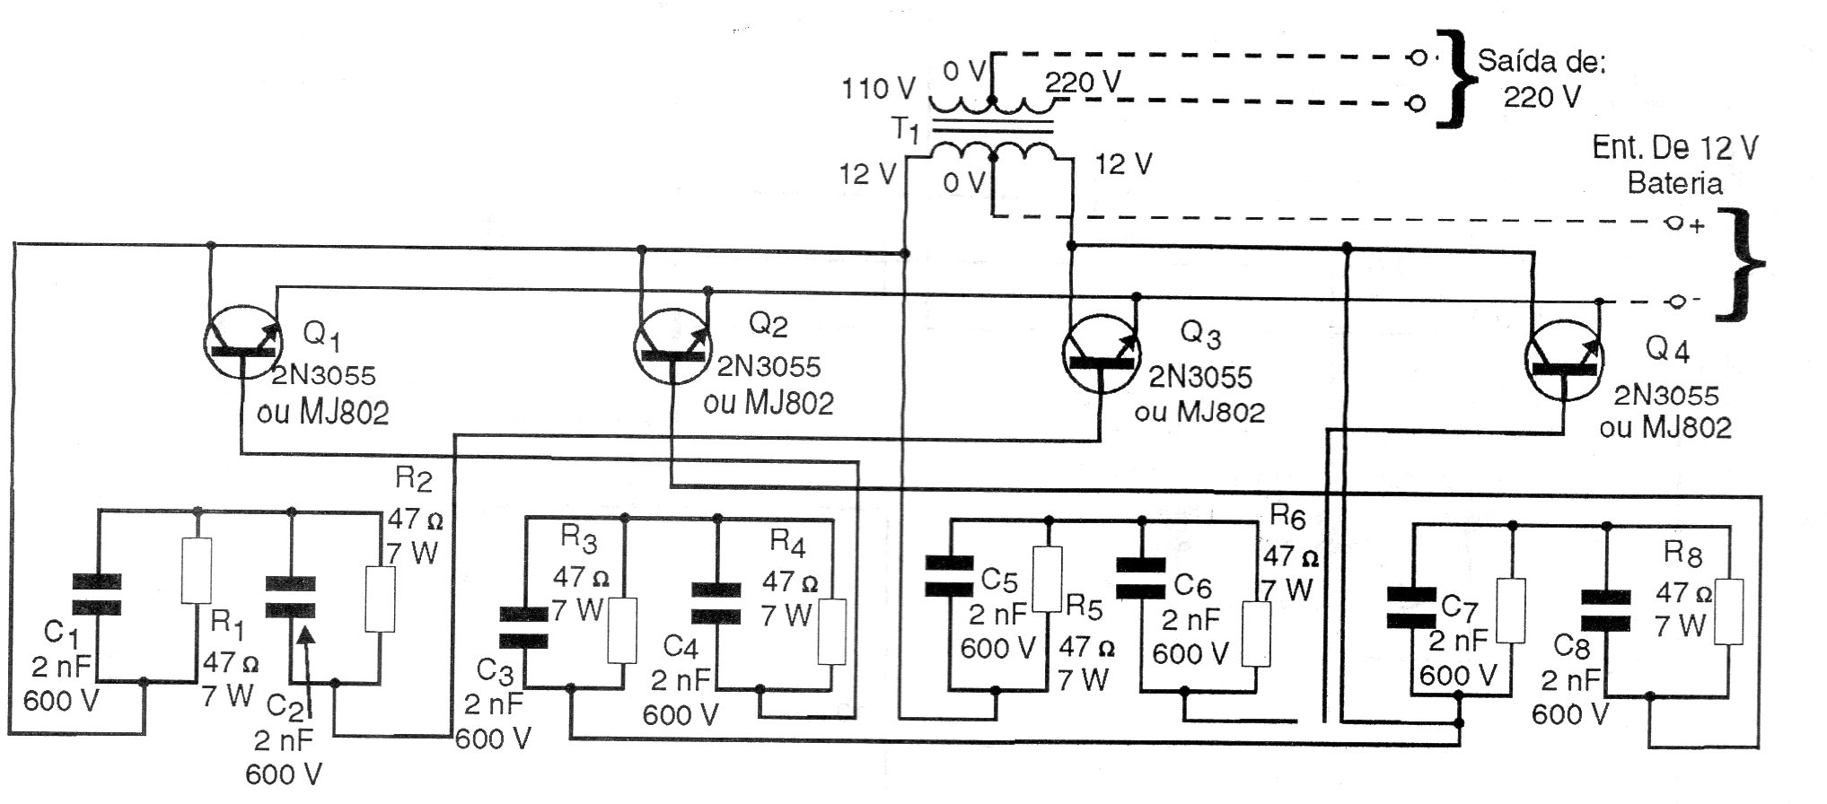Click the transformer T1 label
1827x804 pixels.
click(906, 132)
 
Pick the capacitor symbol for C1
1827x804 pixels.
click(97, 594)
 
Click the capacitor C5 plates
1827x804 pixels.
click(950, 576)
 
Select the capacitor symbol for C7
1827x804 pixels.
click(1411, 607)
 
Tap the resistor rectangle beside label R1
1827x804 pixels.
click(197, 571)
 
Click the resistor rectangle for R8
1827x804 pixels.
click(1728, 612)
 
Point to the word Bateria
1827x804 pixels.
click(1675, 183)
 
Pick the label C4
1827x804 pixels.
click(681, 646)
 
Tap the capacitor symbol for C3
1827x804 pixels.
click(523, 627)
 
